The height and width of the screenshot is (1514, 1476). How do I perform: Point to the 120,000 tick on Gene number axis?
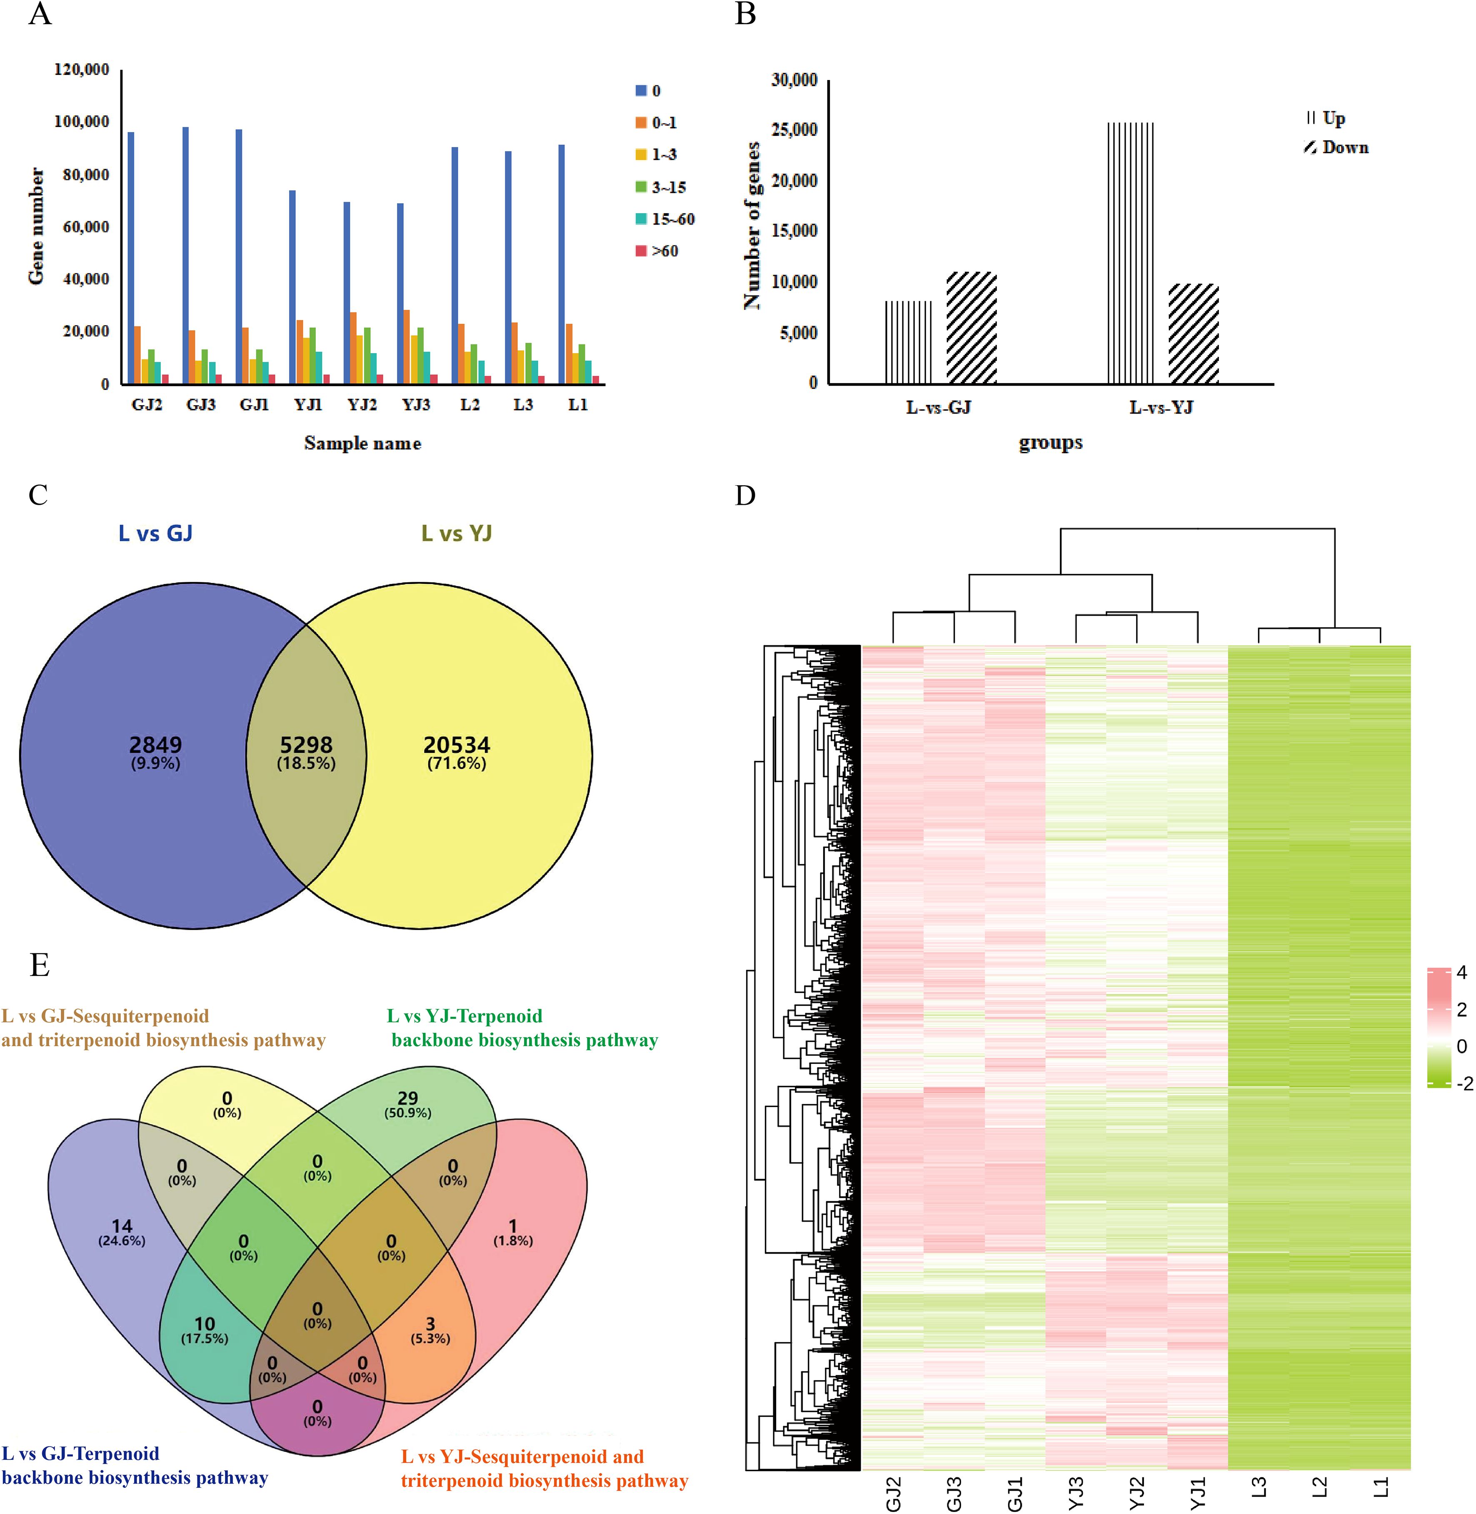81,70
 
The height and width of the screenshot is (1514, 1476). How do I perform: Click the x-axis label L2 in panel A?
470,405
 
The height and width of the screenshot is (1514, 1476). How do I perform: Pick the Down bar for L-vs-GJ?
972,328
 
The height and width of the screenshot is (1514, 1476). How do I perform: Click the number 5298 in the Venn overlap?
306,745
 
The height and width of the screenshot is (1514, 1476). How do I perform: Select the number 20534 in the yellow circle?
457,745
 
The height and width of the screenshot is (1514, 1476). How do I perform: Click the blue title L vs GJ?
155,534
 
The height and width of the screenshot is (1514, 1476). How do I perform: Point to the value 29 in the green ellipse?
408,1098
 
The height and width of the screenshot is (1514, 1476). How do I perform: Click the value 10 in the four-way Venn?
205,1323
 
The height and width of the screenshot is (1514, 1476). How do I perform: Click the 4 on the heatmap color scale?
1461,972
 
